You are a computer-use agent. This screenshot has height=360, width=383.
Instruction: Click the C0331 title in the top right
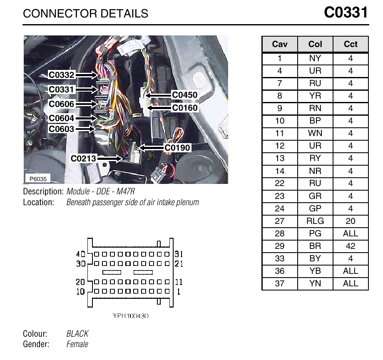coord(346,12)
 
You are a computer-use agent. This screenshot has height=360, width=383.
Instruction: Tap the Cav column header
coord(280,44)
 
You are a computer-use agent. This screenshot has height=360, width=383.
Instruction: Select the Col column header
coord(315,44)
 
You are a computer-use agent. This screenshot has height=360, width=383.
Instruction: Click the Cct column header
coord(351,44)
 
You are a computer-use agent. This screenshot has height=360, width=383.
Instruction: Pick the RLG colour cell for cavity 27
coord(315,221)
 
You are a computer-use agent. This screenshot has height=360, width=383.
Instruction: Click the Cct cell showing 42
coord(351,246)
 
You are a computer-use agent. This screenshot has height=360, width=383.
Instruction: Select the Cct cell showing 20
coord(351,221)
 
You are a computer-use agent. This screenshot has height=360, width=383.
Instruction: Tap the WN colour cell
coord(315,133)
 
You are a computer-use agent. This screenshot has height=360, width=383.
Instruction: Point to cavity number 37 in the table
coord(280,283)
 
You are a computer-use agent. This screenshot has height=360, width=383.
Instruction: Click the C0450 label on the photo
coord(185,95)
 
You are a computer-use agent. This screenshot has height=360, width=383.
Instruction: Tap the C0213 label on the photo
coord(83,159)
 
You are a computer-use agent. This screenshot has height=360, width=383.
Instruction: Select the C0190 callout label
coord(177,148)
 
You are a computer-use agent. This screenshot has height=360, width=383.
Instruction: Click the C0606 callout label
coord(61,104)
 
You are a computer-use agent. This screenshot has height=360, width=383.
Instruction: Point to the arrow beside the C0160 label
coord(159,108)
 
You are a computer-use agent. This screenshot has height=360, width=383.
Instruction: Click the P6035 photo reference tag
coord(38,179)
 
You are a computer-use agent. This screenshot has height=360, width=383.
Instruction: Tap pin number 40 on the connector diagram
coord(81,254)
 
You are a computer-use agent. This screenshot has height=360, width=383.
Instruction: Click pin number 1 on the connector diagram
coord(179,292)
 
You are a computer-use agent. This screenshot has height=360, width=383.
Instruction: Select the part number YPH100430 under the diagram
coord(131,316)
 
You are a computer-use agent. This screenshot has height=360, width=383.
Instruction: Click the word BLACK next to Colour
coord(77,334)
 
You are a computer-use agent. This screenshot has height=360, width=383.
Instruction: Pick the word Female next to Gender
coord(77,344)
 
